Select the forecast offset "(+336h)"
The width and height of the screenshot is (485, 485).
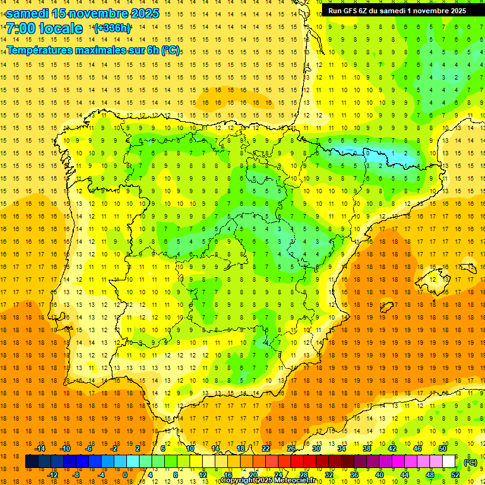pyautogui.click(x=112, y=28)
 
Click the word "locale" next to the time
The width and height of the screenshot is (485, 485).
pyautogui.click(x=61, y=29)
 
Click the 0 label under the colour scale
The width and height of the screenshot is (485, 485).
pyautogui.click(x=125, y=475)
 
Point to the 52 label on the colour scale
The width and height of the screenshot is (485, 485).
pyautogui.click(x=455, y=475)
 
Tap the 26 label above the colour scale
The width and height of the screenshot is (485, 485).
pyautogui.click(x=291, y=448)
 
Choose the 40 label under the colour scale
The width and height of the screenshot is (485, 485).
pyautogui.click(x=379, y=475)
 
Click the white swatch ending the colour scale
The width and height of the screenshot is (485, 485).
pyautogui.click(x=449, y=462)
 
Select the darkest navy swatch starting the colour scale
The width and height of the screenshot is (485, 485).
pyautogui.click(x=32, y=462)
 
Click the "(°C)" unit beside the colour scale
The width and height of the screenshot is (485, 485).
pyautogui.click(x=470, y=462)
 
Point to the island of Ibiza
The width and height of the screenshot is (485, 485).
pyautogui.click(x=386, y=308)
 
